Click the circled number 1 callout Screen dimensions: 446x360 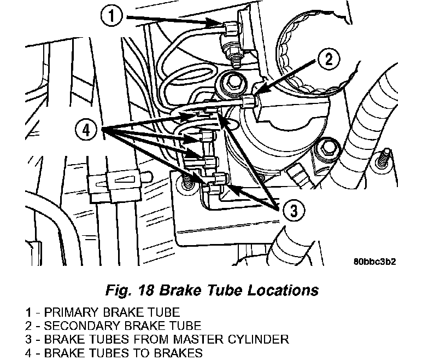pos(111,16)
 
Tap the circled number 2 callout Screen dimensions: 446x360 pos(328,60)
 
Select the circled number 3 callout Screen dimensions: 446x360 pos(294,211)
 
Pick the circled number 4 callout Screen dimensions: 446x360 pos(86,130)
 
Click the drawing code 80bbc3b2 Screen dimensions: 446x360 pos(374,262)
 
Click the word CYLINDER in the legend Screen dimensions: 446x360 pos(258,340)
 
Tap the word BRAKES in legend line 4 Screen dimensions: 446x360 pos(178,353)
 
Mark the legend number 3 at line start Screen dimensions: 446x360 pos(28,340)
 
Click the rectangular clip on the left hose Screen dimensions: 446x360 pos(115,187)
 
